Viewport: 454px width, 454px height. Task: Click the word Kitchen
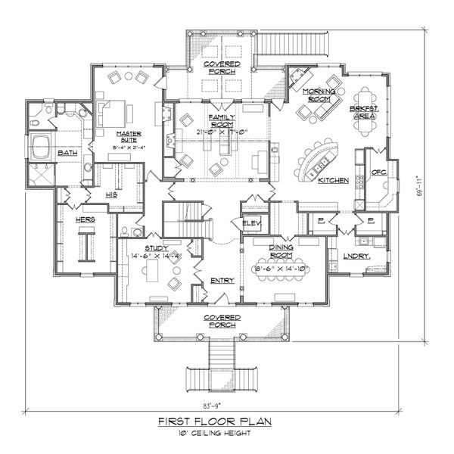332,181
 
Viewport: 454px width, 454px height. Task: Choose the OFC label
378,173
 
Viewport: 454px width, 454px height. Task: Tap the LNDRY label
355,257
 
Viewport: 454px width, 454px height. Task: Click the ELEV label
251,222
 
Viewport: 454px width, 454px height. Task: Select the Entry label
223,280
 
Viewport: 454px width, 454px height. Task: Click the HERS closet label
85,219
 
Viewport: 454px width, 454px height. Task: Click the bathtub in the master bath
40,146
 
